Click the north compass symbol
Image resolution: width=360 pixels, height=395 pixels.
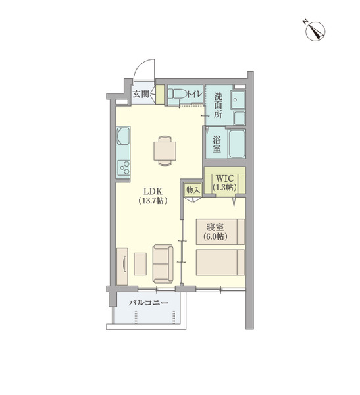315,31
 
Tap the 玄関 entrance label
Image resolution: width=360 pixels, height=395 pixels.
141,94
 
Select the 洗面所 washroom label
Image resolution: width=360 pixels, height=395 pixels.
218,105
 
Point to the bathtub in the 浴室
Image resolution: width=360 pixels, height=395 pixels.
237,144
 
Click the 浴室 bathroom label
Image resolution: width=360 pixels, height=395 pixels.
217,144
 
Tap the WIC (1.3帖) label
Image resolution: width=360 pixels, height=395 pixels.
224,183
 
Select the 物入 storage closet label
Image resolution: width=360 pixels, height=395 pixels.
193,190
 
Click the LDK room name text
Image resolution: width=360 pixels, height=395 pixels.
153,191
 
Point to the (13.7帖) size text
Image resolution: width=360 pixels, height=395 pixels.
153,201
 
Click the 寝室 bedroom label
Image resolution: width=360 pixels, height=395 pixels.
215,227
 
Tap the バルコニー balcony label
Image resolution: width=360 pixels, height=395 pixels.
148,302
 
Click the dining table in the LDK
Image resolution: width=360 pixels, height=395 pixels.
165,151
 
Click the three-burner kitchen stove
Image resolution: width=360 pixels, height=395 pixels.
124,168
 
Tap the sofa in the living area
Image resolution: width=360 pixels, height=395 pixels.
163,263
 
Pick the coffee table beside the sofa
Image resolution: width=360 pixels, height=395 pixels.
140,264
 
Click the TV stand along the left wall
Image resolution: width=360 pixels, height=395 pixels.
122,267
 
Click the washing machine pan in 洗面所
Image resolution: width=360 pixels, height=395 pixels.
238,100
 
